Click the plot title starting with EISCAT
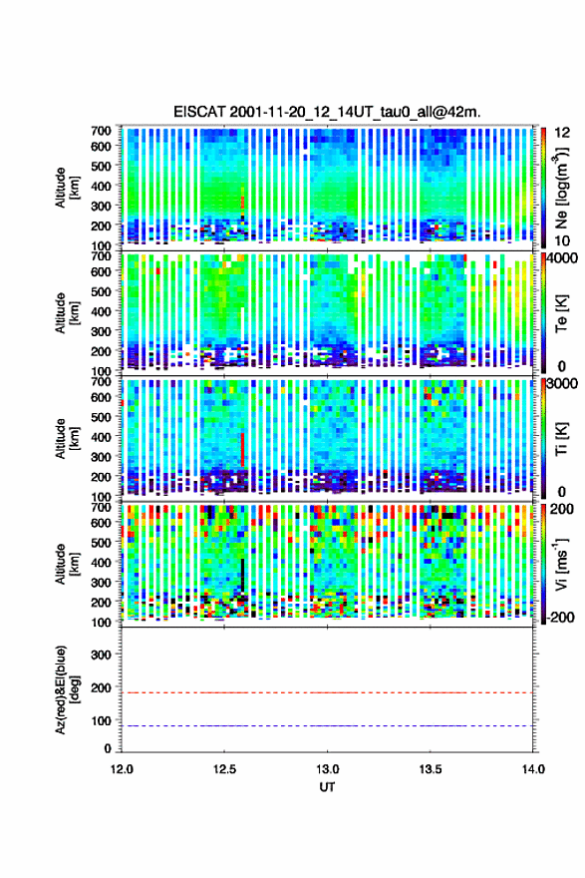click(x=327, y=112)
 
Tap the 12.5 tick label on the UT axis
click(x=224, y=769)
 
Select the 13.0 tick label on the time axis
click(x=327, y=769)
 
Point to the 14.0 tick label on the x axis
click(x=533, y=769)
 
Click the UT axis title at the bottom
click(x=327, y=787)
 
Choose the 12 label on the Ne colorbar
click(x=562, y=132)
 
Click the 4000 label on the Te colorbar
click(x=564, y=258)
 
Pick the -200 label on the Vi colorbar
click(x=561, y=617)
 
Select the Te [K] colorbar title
click(x=561, y=312)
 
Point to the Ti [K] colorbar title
click(x=561, y=438)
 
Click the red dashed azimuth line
click(x=327, y=692)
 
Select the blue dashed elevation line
click(x=327, y=725)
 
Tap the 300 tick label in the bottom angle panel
click(x=102, y=655)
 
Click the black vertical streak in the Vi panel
click(x=243, y=575)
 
